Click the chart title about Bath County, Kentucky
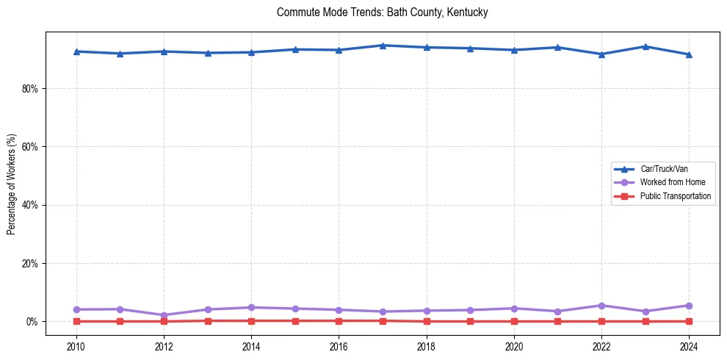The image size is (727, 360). (382, 12)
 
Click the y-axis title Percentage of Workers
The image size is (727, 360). (11, 184)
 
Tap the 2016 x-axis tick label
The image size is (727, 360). (339, 346)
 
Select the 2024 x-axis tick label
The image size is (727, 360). (689, 346)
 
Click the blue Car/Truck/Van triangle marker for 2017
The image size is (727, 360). (383, 46)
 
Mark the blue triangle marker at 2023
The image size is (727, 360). (645, 46)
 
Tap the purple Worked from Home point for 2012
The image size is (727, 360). (164, 315)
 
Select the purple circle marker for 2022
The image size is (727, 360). (601, 306)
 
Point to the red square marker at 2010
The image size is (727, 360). (76, 321)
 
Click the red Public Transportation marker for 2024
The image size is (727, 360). (689, 321)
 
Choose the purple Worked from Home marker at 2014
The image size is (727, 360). (251, 308)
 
